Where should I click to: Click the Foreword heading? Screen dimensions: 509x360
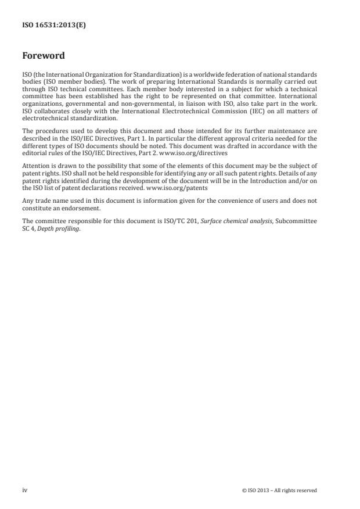click(x=44, y=56)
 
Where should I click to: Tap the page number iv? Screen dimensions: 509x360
click(x=24, y=490)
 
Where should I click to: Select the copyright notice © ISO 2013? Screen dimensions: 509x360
click(x=279, y=490)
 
